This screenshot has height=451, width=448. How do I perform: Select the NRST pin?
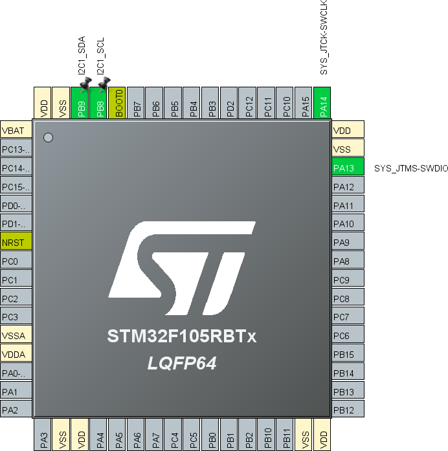[x=16, y=243]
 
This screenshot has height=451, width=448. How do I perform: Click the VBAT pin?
[x=16, y=131]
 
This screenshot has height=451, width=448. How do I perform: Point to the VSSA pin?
[x=16, y=336]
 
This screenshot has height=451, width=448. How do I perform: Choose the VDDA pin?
[x=16, y=355]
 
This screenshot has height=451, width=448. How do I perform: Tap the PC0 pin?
[x=16, y=262]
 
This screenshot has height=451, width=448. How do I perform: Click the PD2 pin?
[x=230, y=104]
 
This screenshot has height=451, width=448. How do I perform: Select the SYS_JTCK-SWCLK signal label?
[x=324, y=38]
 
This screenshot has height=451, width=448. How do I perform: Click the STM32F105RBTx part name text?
[x=182, y=337]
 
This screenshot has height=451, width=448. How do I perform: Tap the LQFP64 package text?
[x=181, y=364]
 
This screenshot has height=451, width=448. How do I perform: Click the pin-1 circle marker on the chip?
[x=47, y=137]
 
